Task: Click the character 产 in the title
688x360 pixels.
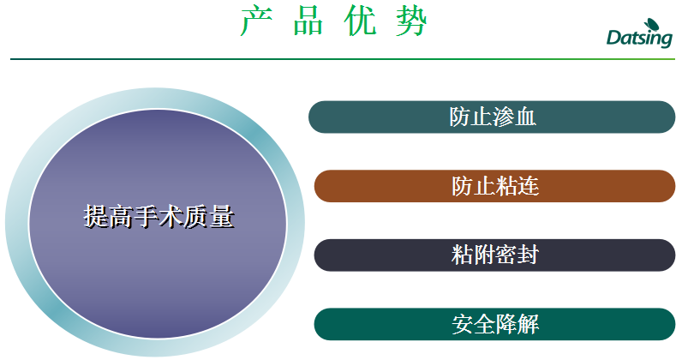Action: [257, 21]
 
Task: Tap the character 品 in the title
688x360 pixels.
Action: [308, 21]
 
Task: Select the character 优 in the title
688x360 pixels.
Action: [360, 21]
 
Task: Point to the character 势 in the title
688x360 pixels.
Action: [411, 21]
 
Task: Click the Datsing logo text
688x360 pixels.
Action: [639, 38]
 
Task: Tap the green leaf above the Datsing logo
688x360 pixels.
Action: [651, 25]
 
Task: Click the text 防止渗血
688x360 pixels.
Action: [493, 117]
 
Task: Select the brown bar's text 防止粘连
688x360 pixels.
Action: [495, 186]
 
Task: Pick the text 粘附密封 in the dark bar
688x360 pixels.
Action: [495, 255]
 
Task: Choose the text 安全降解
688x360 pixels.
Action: [495, 325]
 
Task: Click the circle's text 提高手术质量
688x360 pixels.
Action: [159, 217]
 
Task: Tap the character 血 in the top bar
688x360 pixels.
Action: [525, 117]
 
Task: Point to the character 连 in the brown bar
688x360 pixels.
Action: [529, 186]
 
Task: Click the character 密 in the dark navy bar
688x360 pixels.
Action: [506, 255]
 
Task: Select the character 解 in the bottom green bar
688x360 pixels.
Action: [529, 325]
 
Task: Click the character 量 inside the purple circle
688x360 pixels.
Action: [222, 217]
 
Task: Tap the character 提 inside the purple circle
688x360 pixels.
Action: [96, 217]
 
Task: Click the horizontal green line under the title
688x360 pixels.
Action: [343, 59]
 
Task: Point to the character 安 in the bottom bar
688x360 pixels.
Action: [463, 325]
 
